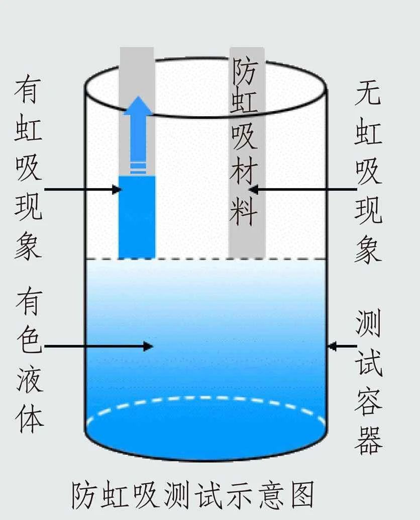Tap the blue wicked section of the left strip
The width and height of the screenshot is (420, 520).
[137, 216]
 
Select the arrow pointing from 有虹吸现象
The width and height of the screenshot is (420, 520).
[83, 190]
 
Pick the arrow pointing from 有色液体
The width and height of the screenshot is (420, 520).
[98, 346]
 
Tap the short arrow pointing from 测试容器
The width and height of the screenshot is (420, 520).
[341, 346]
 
